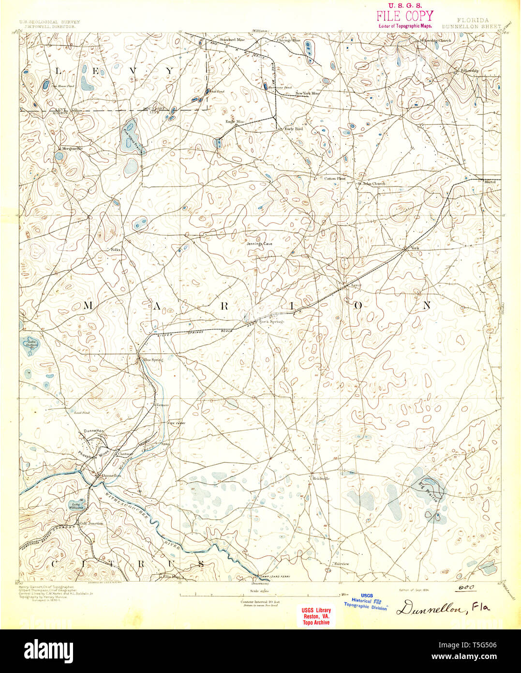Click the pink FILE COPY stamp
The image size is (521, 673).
[x=405, y=15]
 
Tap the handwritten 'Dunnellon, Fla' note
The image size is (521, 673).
[x=443, y=609]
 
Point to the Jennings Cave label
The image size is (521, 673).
[x=259, y=244]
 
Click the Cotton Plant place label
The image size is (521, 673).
[x=335, y=179]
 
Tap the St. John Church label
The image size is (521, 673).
[x=372, y=184]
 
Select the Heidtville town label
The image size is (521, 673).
[x=321, y=478]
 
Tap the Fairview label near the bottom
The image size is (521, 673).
[x=341, y=564]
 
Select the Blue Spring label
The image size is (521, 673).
[x=153, y=360]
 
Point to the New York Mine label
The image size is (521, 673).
[x=308, y=93]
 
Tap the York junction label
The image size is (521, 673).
[x=414, y=248]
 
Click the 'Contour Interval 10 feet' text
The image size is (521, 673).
[x=260, y=601]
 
